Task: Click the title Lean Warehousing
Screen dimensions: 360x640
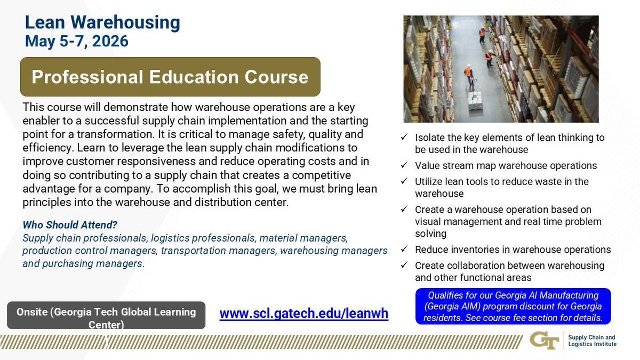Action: click(x=102, y=23)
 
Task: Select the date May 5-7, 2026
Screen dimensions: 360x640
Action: click(x=77, y=41)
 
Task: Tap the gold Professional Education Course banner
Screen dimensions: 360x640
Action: click(x=170, y=77)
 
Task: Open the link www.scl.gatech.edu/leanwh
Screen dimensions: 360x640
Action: click(x=303, y=314)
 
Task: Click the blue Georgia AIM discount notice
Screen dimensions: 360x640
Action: click(x=512, y=306)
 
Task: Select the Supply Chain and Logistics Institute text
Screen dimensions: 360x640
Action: click(x=592, y=341)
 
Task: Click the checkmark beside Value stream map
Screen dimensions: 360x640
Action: click(x=405, y=166)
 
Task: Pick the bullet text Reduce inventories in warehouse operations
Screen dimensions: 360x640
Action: click(x=513, y=250)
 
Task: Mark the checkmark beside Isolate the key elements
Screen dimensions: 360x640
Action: click(x=405, y=138)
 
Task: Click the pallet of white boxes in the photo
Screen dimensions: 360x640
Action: click(x=474, y=100)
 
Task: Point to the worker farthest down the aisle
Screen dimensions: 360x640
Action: click(x=482, y=34)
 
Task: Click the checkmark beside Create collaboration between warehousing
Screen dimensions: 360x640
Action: click(x=405, y=266)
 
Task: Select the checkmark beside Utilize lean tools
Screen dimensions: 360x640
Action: click(x=405, y=182)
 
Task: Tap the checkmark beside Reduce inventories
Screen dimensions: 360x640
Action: click(x=405, y=250)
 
